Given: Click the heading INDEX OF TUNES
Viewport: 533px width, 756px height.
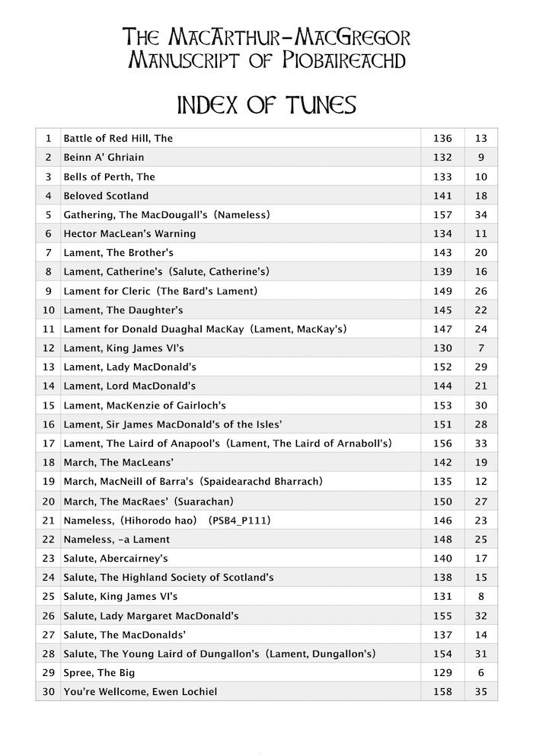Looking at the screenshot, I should tap(266, 104).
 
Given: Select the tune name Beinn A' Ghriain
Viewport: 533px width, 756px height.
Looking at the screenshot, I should tap(104, 158).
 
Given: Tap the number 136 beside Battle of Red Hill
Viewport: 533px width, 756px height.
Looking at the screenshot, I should tap(442, 139).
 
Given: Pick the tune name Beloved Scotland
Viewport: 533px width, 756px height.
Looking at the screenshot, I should tap(106, 196).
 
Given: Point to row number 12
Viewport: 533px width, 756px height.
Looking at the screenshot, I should tap(49, 348).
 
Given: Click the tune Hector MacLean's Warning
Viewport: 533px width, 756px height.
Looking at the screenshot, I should tap(129, 234).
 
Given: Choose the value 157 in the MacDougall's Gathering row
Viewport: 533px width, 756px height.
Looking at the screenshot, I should tap(442, 215).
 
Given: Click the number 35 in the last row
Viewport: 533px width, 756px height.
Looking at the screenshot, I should tap(480, 692).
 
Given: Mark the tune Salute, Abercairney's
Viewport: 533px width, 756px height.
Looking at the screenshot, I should tap(116, 558).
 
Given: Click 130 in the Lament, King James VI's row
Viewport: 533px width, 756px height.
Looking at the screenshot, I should tap(442, 348).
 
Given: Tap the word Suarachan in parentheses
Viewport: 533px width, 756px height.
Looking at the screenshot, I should tap(206, 501).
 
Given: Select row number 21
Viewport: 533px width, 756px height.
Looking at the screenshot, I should tap(49, 520).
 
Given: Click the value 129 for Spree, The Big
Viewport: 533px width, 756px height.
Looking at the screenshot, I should tap(442, 673).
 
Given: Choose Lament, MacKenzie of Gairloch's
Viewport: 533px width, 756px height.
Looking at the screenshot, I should tap(145, 405).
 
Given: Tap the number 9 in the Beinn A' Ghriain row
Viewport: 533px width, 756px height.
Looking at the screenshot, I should tap(480, 158).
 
